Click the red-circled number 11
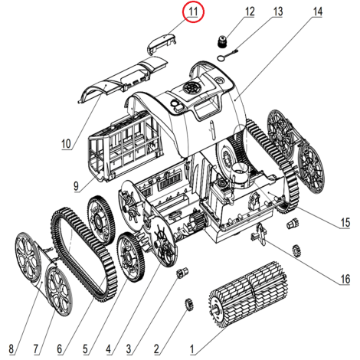[x=193, y=11]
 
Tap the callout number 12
[x=250, y=11]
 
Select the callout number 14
[x=317, y=11]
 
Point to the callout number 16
[x=345, y=279]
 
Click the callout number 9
[x=76, y=186]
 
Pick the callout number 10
[x=67, y=144]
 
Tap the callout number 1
[x=192, y=349]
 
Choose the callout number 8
[x=11, y=349]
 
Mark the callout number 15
[x=345, y=222]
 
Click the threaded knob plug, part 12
[x=222, y=41]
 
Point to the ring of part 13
[x=221, y=58]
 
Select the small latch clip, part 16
[x=259, y=234]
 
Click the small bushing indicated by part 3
[x=182, y=273]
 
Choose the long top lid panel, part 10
[x=123, y=79]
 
